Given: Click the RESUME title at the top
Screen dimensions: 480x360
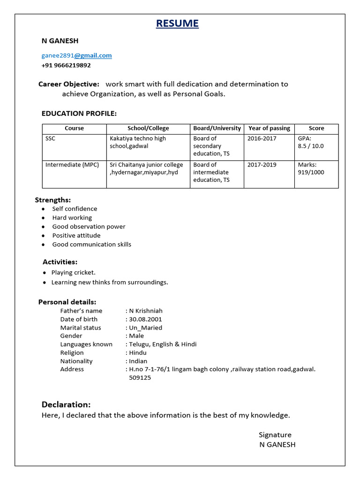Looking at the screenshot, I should [177, 23].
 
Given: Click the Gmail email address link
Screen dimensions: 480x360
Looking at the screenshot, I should [77, 55].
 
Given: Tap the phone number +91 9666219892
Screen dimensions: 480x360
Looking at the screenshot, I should [66, 66].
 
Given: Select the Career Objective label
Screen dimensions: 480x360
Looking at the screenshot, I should [69, 84].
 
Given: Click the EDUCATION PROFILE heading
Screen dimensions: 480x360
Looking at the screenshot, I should [79, 113].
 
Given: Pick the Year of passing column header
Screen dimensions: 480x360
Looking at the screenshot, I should [269, 128].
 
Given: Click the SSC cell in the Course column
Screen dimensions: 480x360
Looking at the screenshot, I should [50, 139].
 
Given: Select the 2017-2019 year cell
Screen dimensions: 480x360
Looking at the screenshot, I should [262, 165].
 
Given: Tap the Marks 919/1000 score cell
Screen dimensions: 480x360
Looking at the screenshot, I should [311, 169].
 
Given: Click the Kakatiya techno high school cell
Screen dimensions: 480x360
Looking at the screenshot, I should [137, 142].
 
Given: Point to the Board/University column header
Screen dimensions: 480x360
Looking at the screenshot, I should [217, 128].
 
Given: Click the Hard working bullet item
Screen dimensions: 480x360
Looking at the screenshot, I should [72, 218].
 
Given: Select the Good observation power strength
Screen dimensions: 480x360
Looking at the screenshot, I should [89, 227].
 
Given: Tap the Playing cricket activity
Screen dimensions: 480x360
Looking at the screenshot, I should [73, 273].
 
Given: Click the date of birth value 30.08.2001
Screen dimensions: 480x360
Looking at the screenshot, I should [145, 320].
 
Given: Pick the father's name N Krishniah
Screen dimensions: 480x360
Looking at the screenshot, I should [146, 311].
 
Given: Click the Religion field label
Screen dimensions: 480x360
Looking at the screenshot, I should [72, 353].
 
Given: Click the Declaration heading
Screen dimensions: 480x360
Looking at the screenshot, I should [66, 405].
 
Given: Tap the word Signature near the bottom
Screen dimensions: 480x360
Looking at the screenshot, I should [275, 435].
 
